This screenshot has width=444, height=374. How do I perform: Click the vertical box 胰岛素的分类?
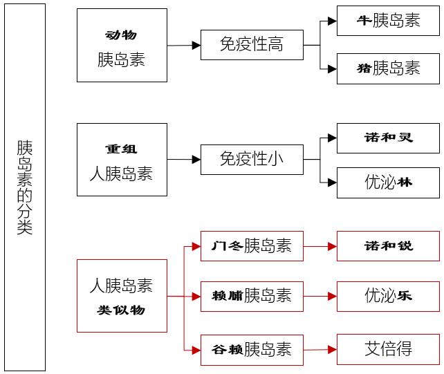coord(25,187)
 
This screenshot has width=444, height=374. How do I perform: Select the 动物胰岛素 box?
coord(122,46)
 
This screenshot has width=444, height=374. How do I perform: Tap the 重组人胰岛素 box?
coord(122,160)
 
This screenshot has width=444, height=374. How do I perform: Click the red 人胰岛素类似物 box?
coord(122,296)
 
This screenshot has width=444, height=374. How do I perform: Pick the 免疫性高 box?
coord(252,45)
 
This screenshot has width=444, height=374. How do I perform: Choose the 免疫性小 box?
coord(252,160)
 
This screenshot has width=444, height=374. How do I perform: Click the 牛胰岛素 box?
coord(388,21)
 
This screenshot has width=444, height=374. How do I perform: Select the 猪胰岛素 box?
coord(388,68)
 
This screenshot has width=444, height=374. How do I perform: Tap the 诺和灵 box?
coord(388,138)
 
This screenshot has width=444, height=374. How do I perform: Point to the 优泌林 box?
coord(388,183)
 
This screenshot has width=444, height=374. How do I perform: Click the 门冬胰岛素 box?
coord(252,245)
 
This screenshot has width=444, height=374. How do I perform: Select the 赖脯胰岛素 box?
coord(252,296)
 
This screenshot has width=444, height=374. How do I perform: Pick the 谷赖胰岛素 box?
coord(252,349)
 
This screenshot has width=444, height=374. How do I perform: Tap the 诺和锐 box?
coord(388,245)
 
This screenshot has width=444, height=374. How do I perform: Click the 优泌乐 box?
coord(388,296)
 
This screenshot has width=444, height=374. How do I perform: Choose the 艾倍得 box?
coord(388,349)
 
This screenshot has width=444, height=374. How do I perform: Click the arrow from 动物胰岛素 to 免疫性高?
coord(184,46)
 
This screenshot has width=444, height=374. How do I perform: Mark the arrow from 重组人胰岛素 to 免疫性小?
coord(184,160)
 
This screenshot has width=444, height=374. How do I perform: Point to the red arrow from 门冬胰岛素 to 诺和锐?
coord(320,245)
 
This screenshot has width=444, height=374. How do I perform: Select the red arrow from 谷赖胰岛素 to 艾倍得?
coord(320,349)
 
